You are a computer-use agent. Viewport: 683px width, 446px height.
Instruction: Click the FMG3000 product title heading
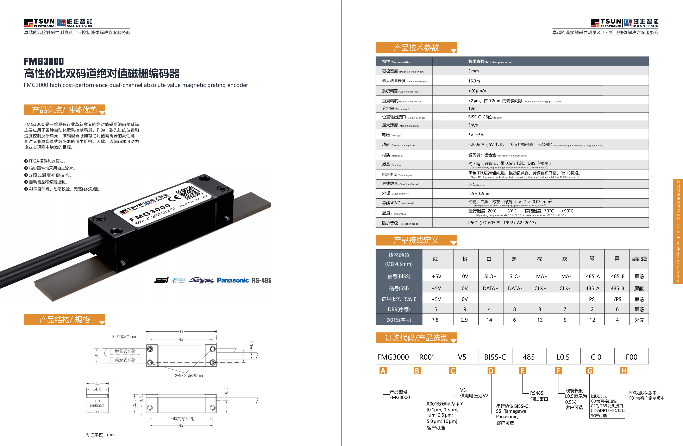tap(44, 61)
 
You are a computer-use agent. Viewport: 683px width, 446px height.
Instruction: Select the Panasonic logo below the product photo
tap(233, 280)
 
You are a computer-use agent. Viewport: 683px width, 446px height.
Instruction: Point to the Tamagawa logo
tap(201, 280)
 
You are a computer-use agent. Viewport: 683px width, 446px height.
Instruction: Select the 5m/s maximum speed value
tap(473, 125)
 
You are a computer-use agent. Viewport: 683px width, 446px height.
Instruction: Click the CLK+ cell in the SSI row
tap(540, 288)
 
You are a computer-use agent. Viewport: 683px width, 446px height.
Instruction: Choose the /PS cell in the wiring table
tap(617, 299)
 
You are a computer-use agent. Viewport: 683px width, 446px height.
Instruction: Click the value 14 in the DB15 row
tap(489, 320)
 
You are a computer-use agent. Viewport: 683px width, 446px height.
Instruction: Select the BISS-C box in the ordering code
tap(495, 357)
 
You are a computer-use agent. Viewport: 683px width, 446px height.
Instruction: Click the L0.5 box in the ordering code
tap(563, 357)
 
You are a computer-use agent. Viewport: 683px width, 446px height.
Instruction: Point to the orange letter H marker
tap(624, 371)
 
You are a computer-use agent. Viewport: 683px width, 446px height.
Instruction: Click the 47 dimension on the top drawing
tap(181, 332)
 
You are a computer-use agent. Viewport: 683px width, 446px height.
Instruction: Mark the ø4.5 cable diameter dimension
tap(251, 345)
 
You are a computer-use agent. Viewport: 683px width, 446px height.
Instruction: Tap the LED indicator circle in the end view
tap(97, 401)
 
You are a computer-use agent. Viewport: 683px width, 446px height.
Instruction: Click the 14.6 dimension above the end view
tap(97, 389)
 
